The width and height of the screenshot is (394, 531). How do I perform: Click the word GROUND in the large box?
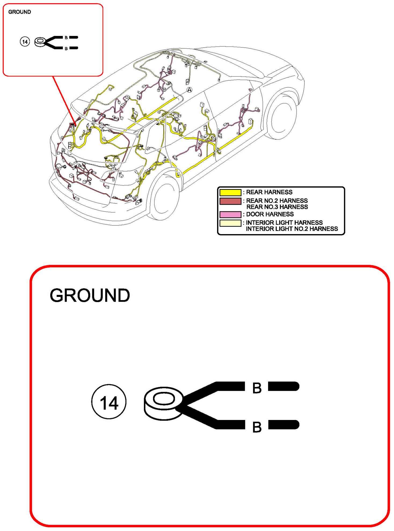90,296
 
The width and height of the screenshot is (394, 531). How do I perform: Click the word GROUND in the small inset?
20,12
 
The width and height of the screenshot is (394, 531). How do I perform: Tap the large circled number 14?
109,402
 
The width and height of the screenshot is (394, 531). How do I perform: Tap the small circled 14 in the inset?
25,42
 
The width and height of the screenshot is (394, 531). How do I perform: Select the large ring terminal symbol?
163,403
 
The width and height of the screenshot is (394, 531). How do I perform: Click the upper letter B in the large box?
257,388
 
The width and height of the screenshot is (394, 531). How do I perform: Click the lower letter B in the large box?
257,427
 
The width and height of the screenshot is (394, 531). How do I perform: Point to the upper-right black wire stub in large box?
284,386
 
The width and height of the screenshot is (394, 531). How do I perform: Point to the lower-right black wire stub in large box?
284,425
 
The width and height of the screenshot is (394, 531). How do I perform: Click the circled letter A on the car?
189,90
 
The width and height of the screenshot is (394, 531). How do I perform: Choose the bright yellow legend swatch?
230,193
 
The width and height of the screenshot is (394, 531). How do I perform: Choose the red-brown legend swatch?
230,201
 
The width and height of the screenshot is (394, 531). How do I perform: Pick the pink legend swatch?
230,215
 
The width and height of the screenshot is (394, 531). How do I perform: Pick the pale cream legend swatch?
230,223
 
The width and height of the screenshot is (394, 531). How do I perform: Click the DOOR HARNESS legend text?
270,214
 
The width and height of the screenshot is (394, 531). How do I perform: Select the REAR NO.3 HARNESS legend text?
277,207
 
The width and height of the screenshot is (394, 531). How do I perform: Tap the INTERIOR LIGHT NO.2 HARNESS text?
292,229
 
